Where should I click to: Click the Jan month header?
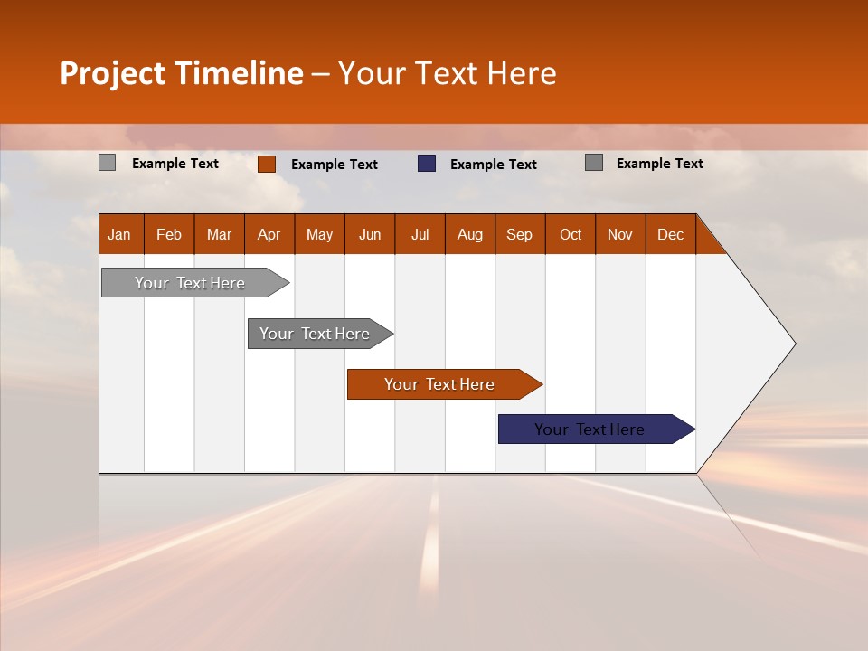coord(120,234)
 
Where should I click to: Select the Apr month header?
coord(269,234)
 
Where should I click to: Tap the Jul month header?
coord(420,234)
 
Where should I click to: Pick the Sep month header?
coord(520,234)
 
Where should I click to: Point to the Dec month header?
coord(670,234)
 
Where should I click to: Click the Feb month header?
coord(169,234)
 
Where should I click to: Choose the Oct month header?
coord(571,234)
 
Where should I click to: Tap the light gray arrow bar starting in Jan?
coord(190,283)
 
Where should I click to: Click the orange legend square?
coord(267,164)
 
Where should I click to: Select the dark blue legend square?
coord(427,164)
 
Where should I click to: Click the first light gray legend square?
coord(108,163)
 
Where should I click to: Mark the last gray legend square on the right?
coord(594,163)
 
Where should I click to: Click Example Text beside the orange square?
coord(335,165)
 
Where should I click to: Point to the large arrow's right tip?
coord(793,343)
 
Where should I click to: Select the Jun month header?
coord(370,234)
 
